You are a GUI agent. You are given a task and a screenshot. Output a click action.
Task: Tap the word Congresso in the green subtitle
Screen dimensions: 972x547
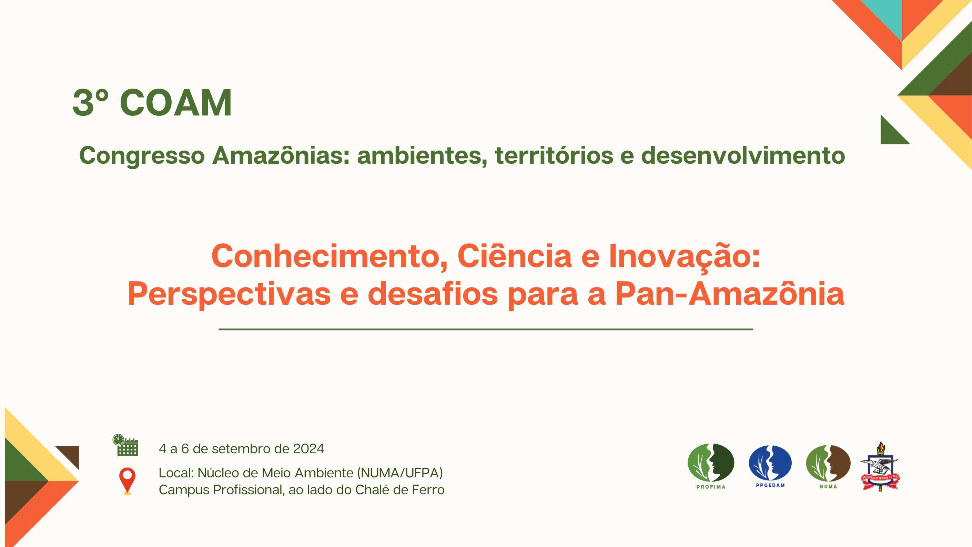[x=142, y=156]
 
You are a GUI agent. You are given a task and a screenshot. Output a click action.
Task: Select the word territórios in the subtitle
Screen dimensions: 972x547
[x=554, y=155]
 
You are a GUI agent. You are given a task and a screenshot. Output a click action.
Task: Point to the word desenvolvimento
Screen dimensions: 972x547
[x=743, y=155]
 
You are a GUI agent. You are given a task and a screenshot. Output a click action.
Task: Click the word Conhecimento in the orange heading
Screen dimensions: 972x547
[x=330, y=256]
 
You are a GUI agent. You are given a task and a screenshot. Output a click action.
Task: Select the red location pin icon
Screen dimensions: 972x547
[x=127, y=481]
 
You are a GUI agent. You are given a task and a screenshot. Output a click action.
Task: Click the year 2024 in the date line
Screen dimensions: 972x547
[x=308, y=448]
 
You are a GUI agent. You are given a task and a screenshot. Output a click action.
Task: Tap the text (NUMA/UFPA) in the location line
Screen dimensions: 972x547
[x=399, y=473]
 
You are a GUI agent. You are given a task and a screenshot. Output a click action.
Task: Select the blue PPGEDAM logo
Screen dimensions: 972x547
[x=770, y=466]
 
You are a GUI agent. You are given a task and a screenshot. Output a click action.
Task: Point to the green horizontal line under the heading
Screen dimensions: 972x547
[x=486, y=329]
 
